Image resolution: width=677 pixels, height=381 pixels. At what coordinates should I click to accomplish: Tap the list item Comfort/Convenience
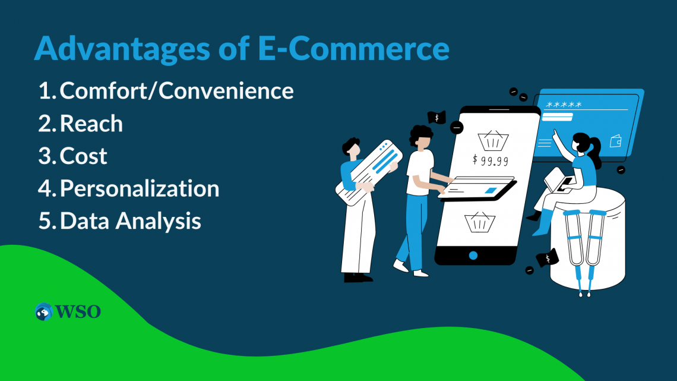[x=177, y=91]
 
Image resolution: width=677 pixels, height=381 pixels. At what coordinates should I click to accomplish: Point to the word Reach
[x=91, y=124]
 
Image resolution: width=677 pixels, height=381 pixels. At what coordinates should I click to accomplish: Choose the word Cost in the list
[x=84, y=156]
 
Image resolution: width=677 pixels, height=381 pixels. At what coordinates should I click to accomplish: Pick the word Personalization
[x=140, y=189]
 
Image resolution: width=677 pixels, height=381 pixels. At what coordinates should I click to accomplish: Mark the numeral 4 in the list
[x=46, y=189]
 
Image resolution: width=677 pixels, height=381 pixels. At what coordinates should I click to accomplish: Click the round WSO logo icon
[x=44, y=311]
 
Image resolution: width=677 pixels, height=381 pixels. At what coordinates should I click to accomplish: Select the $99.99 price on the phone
[x=490, y=159]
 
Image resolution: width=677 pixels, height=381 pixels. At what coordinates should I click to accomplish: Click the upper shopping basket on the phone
[x=493, y=140]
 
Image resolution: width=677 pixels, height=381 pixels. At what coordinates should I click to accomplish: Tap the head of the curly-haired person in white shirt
[x=422, y=138]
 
